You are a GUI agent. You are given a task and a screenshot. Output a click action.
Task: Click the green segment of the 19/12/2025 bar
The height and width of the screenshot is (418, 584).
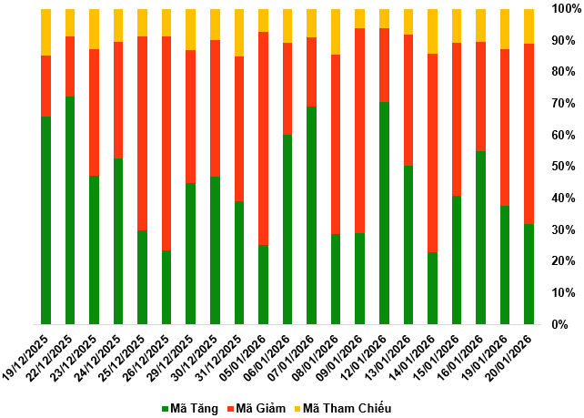pos(45,219)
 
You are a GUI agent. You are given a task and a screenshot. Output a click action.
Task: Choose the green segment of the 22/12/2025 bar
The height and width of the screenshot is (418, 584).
pos(70,209)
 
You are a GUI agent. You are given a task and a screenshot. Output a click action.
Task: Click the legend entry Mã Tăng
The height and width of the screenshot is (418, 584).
pos(190,408)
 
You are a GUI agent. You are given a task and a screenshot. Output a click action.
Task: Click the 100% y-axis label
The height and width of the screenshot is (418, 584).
pos(563,9)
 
